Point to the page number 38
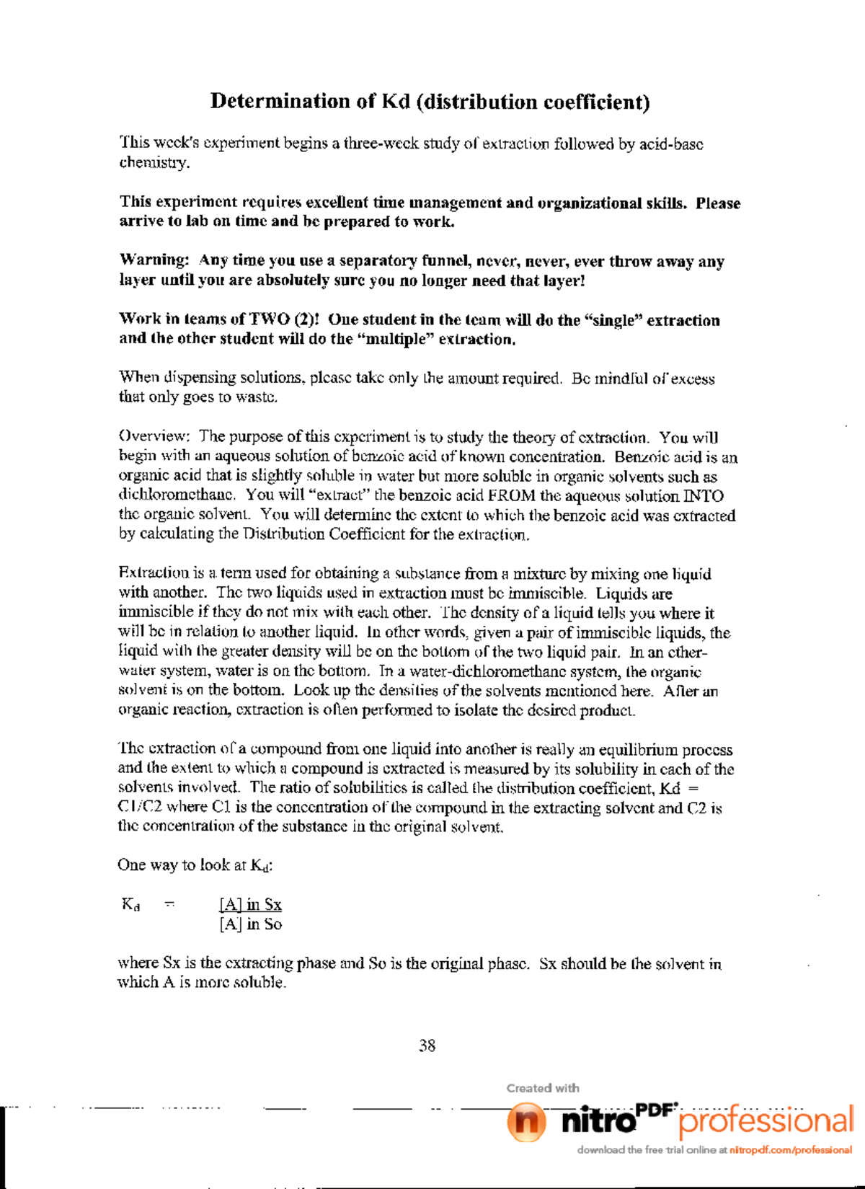coord(427,1046)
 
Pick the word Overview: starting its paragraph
coord(154,436)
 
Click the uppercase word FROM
coord(512,495)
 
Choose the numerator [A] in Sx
coord(250,904)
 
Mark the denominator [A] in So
coord(250,924)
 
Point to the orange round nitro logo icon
coord(525,1123)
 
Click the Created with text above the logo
coord(542,1088)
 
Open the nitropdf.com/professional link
coord(790,1150)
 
